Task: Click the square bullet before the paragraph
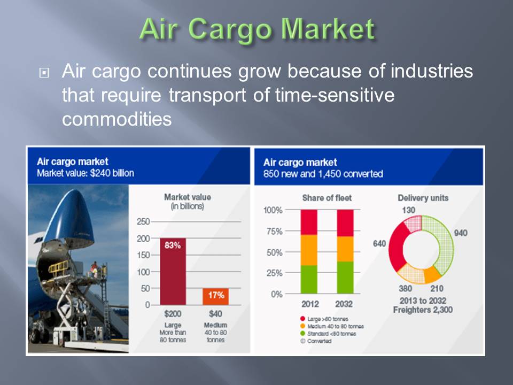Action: pyautogui.click(x=44, y=73)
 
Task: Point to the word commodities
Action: pyautogui.click(x=117, y=119)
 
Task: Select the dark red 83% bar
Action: pyautogui.click(x=173, y=272)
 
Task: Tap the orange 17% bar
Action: pyautogui.click(x=215, y=297)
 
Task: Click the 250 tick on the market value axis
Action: pyautogui.click(x=143, y=221)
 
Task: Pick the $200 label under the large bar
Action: pyautogui.click(x=173, y=314)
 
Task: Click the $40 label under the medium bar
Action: pyautogui.click(x=215, y=314)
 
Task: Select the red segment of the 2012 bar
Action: pyautogui.click(x=309, y=222)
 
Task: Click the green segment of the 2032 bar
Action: pyautogui.click(x=345, y=278)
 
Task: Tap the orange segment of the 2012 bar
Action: pyautogui.click(x=309, y=250)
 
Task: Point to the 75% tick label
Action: pyautogui.click(x=274, y=232)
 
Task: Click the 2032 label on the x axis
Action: pyautogui.click(x=344, y=304)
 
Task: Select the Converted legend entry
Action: pyautogui.click(x=316, y=341)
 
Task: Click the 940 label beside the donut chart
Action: pyautogui.click(x=461, y=233)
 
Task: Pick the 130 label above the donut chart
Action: pyautogui.click(x=409, y=210)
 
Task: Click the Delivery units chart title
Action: pyautogui.click(x=423, y=198)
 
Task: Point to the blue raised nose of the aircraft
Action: pyautogui.click(x=73, y=216)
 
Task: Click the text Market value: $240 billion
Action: pyautogui.click(x=85, y=173)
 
